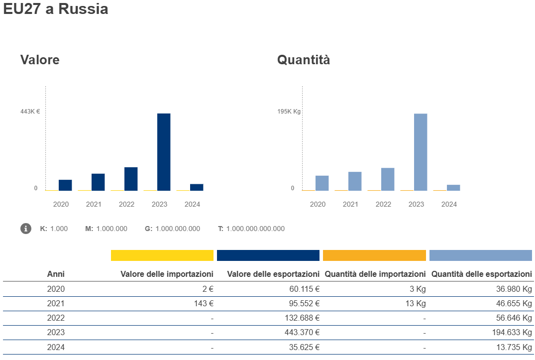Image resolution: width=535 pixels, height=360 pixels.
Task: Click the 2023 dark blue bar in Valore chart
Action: click(x=164, y=152)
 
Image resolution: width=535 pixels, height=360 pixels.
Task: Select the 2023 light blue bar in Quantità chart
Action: click(x=421, y=152)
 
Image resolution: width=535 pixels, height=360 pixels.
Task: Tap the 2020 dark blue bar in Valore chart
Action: click(x=65, y=185)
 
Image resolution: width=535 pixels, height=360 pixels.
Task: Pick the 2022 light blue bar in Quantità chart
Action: click(x=388, y=179)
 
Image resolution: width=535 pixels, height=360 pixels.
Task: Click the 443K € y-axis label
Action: click(x=30, y=112)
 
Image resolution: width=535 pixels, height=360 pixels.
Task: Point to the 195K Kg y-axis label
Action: click(x=289, y=112)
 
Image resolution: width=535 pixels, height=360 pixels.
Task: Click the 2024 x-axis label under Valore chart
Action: click(x=192, y=204)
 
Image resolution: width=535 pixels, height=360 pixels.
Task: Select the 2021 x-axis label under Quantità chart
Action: click(x=350, y=204)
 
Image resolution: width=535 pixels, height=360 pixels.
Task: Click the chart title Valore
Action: click(x=40, y=60)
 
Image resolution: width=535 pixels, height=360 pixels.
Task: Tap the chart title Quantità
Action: click(x=304, y=60)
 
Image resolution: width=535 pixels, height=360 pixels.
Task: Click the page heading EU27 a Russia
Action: click(x=55, y=9)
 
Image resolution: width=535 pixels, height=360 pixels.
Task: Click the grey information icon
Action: click(x=26, y=229)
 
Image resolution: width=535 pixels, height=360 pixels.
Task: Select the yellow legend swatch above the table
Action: click(x=162, y=255)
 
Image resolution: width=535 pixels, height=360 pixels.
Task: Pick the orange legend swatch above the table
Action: click(x=374, y=255)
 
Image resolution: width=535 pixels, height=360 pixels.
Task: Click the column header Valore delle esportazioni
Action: click(x=273, y=274)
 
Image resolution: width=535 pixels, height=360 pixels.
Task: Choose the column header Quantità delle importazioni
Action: click(x=375, y=274)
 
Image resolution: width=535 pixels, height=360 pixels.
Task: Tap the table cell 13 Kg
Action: click(x=416, y=303)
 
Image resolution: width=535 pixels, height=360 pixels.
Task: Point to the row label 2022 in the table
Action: click(x=56, y=318)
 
